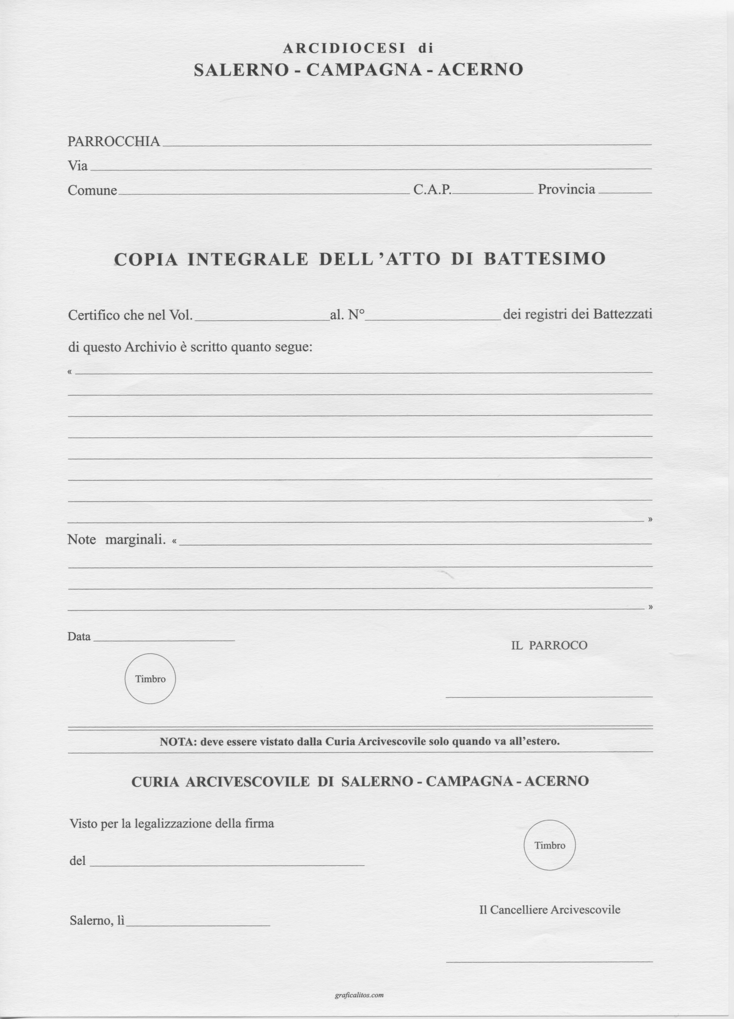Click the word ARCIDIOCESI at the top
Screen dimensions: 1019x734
point(344,48)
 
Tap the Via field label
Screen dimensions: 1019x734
point(77,166)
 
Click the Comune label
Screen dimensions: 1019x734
point(92,190)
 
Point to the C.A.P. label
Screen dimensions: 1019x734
point(432,189)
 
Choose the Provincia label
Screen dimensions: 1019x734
point(566,189)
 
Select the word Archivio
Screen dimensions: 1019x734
point(151,347)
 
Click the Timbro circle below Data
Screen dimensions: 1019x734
point(150,679)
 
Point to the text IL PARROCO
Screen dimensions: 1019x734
point(549,646)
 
